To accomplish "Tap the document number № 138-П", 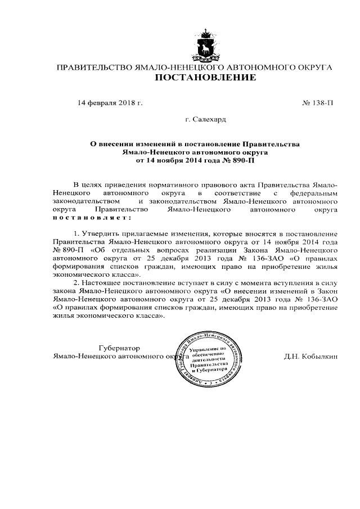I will coord(318,103).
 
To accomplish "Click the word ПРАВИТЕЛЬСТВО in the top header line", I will coord(93,67).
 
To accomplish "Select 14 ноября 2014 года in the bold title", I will coord(175,160).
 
